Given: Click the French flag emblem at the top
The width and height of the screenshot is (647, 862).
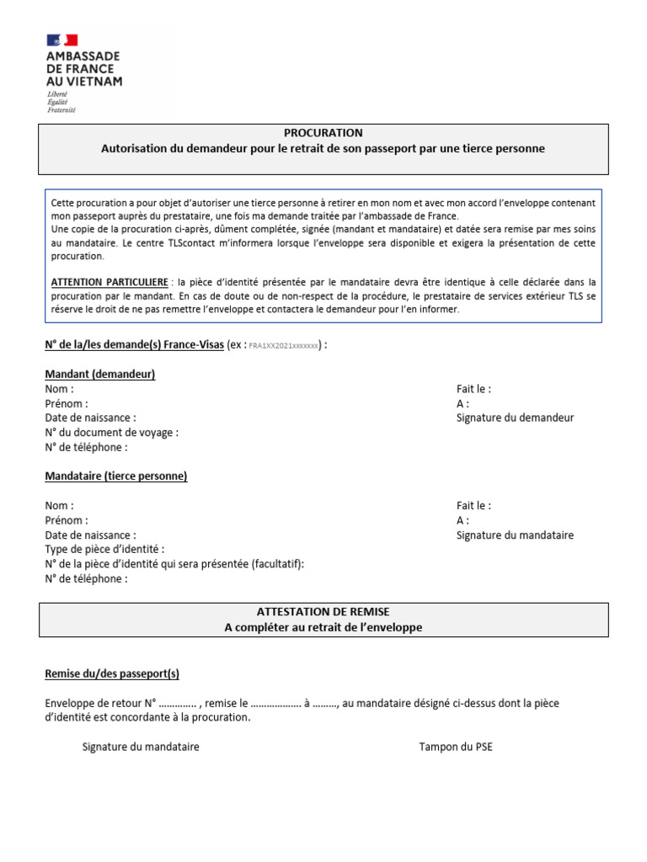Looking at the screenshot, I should click(62, 40).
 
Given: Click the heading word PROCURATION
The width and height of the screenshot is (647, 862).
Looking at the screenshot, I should click(323, 133).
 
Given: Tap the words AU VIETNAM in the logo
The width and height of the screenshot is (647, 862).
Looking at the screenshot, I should click(83, 82).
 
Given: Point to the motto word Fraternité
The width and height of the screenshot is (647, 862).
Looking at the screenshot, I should click(61, 110).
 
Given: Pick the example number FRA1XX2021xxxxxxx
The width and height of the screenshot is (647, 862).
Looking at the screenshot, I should click(284, 347).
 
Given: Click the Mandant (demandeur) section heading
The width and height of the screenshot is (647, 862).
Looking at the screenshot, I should click(99, 375).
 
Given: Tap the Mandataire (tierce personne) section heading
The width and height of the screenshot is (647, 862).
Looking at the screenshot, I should click(115, 476).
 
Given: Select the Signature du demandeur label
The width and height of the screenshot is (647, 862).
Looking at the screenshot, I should click(515, 418).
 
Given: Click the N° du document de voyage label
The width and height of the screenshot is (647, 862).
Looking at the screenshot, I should click(111, 433).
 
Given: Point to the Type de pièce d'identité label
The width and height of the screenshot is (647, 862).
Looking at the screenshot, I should click(110, 550).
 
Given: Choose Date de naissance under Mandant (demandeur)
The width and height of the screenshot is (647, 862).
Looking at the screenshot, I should click(90, 418).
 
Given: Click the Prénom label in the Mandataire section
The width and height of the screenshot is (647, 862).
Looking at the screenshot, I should click(66, 520).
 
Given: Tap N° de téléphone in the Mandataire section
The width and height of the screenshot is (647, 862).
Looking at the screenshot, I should click(86, 579).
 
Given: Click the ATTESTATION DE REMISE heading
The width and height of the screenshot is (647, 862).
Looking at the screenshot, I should click(323, 612).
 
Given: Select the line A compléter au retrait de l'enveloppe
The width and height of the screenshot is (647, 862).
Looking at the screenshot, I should click(323, 628).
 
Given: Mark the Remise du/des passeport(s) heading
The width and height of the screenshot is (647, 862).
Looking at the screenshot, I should click(111, 674).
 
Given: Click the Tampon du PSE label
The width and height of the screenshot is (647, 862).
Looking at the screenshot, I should click(455, 747).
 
